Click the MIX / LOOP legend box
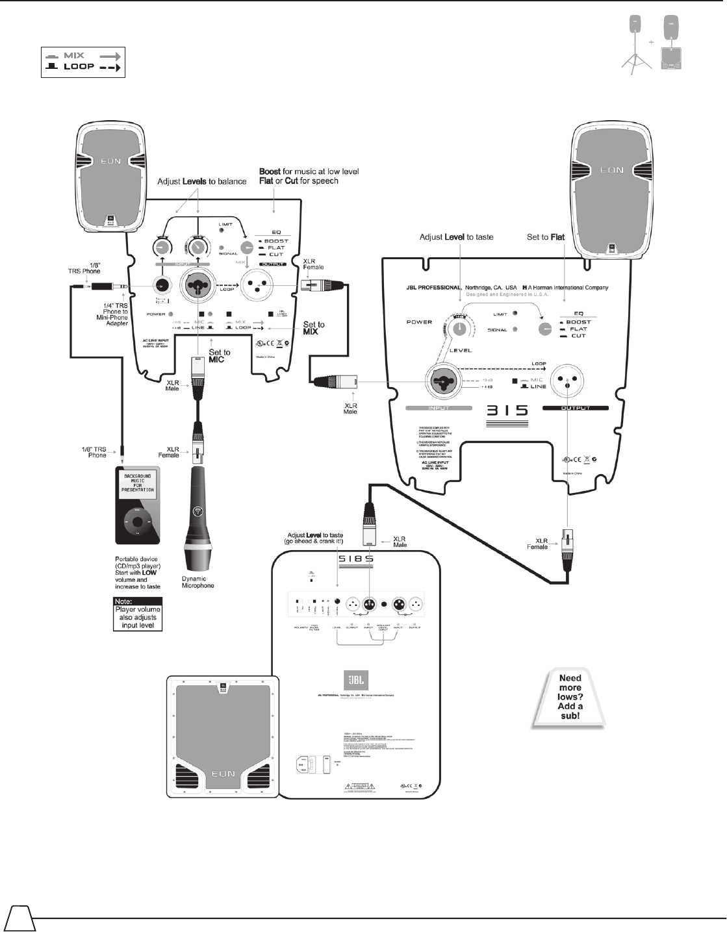pyautogui.click(x=83, y=62)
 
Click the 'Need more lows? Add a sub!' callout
pyautogui.click(x=570, y=698)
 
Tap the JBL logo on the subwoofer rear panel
pyautogui.click(x=355, y=680)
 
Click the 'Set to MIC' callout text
pyautogui.click(x=219, y=356)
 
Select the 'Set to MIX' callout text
pyautogui.click(x=313, y=328)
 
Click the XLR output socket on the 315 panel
pyautogui.click(x=566, y=383)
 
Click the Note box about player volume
pyautogui.click(x=138, y=614)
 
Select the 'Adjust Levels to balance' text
pyautogui.click(x=201, y=181)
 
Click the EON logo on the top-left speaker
pyautogui.click(x=110, y=160)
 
